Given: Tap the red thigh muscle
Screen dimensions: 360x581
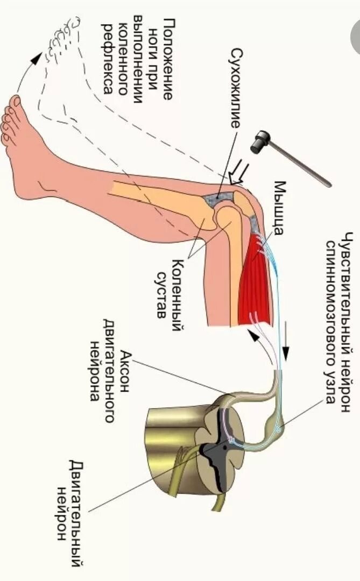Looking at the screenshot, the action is click(255, 280).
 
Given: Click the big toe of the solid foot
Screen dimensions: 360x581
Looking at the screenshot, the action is click(15, 102).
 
